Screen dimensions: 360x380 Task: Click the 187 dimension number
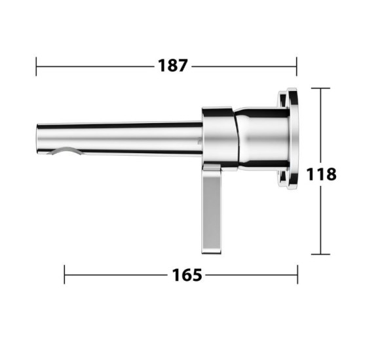click(173, 65)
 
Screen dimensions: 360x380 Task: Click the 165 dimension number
click(187, 275)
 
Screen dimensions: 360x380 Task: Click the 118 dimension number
click(321, 174)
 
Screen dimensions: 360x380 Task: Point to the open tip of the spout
click(38, 138)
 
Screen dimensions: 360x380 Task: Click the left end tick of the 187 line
click(37, 65)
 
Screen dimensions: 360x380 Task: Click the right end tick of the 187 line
click(297, 65)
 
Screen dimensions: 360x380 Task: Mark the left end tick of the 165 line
click(64, 275)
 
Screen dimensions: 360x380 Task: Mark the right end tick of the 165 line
click(297, 275)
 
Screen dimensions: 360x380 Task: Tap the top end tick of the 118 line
click(320, 88)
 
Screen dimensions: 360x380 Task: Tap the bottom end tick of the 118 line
click(320, 254)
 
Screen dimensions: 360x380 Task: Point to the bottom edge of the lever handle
click(212, 251)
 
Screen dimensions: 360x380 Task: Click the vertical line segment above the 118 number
click(320, 124)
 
